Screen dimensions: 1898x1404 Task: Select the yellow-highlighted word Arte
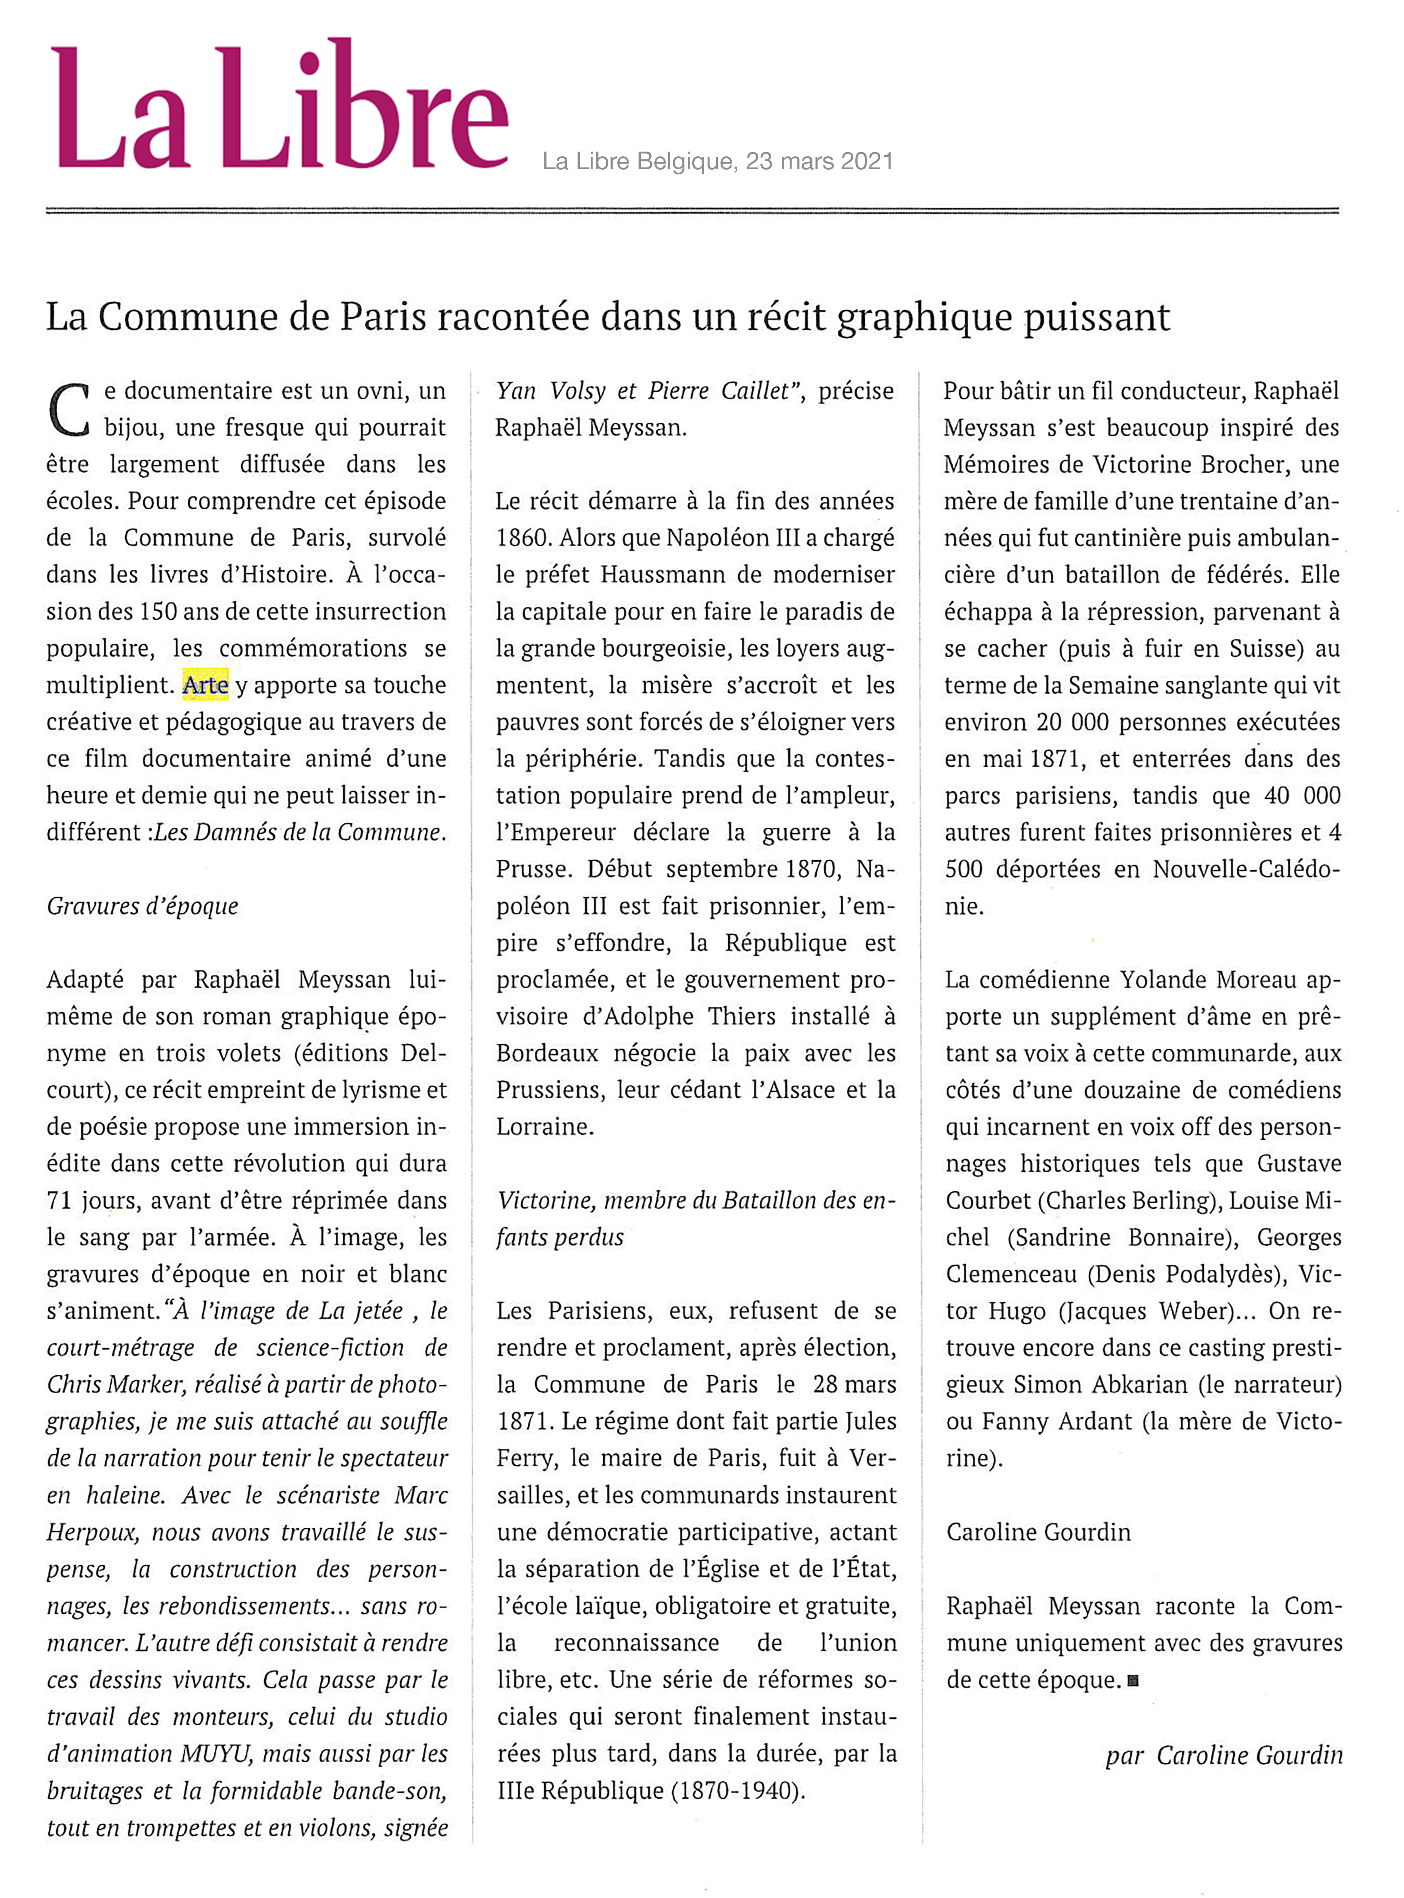point(206,685)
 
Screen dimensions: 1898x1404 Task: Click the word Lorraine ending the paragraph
point(544,1127)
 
